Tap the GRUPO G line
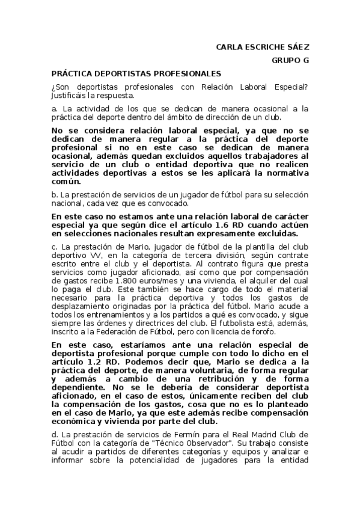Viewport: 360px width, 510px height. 290,60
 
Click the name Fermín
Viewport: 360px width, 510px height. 183,434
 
